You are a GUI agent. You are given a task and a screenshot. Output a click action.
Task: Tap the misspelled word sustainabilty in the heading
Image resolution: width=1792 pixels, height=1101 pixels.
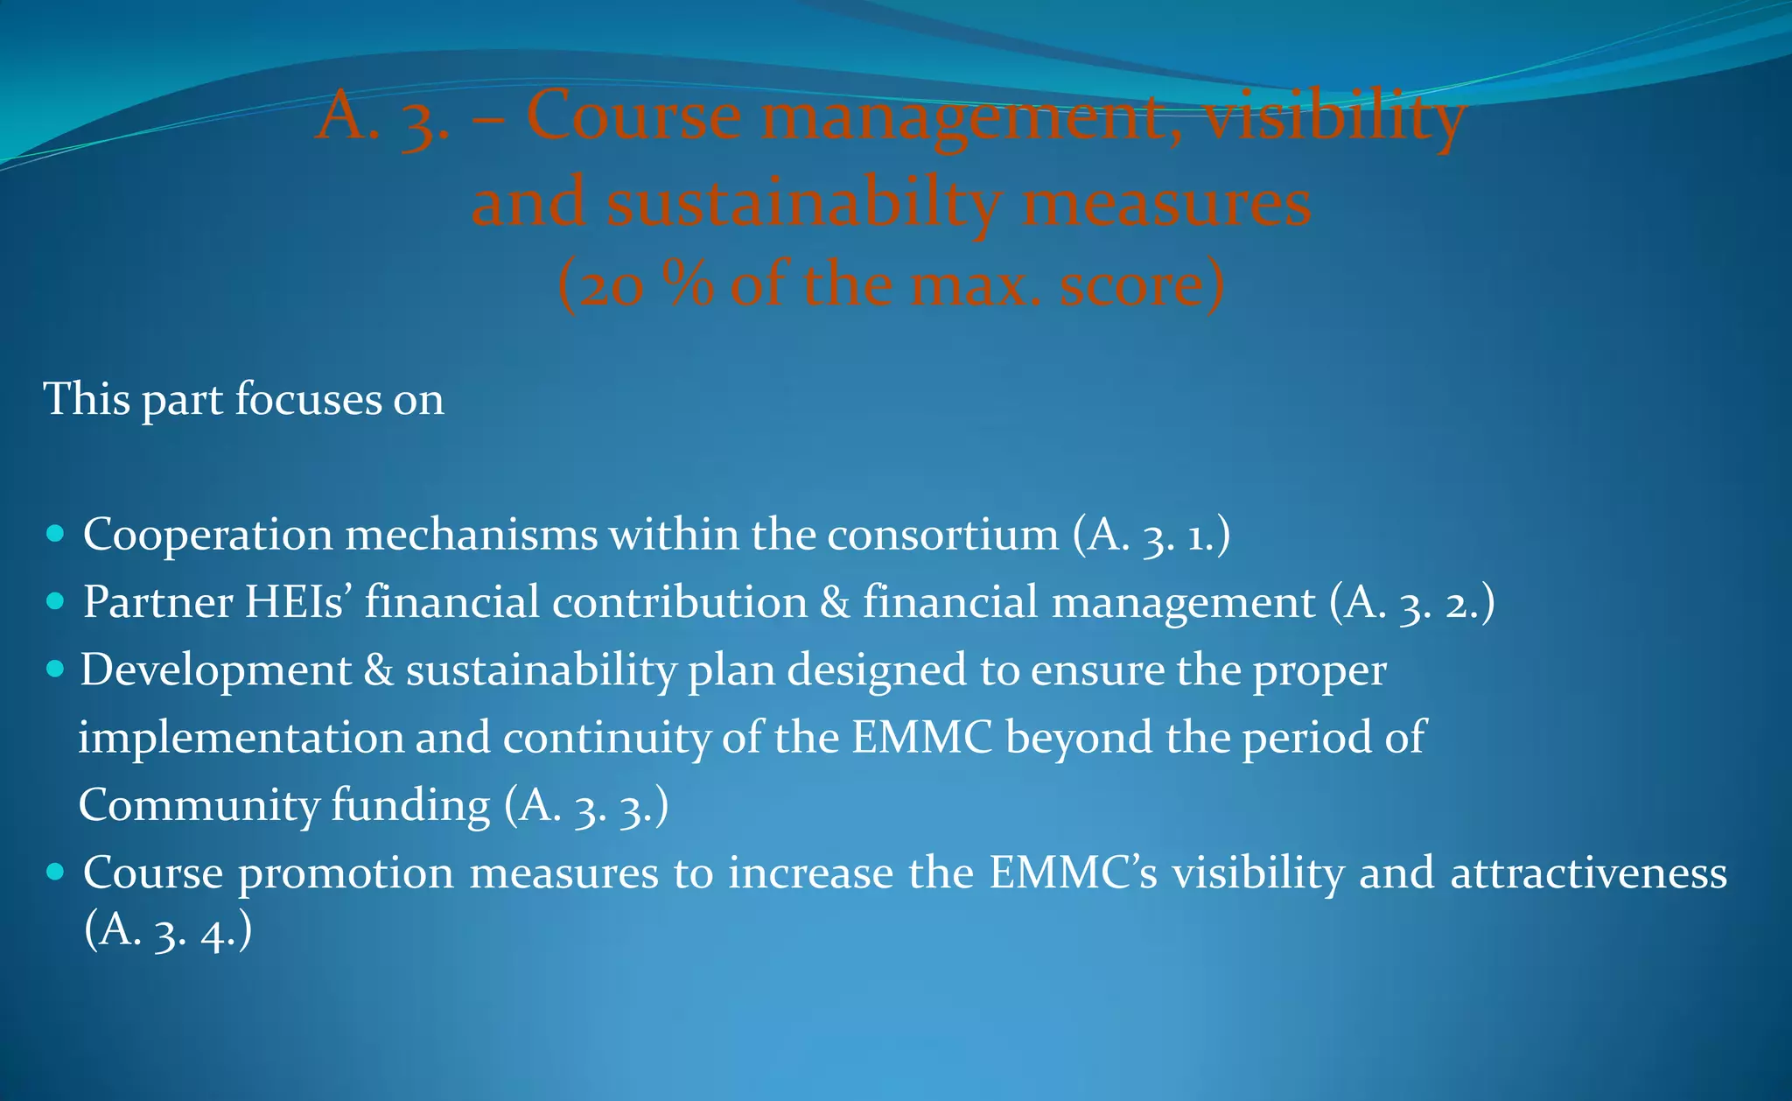803,203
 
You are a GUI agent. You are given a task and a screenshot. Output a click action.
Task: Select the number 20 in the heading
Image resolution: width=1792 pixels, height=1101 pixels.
612,286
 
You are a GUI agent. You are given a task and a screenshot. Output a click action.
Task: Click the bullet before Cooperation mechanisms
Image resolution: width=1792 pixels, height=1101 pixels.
55,533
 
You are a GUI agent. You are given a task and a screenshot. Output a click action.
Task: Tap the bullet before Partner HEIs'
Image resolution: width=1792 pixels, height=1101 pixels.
55,601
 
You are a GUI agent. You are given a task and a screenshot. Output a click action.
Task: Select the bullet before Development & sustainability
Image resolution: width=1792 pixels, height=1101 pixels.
55,670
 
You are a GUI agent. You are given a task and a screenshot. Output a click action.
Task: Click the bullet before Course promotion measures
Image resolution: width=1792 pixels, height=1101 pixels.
55,872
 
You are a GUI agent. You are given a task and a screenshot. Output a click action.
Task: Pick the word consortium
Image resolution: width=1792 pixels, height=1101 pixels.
942,534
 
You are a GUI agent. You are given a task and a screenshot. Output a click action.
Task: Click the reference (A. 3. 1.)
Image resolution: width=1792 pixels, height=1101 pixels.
1151,536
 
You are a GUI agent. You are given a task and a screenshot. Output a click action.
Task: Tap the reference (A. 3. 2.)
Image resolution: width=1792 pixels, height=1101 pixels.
1411,603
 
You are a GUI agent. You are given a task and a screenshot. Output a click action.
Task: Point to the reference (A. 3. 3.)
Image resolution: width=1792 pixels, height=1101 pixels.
586,806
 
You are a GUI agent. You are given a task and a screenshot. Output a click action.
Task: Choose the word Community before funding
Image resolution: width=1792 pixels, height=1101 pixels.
198,806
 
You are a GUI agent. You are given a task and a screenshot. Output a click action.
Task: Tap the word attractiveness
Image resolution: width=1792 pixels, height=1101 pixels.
1588,873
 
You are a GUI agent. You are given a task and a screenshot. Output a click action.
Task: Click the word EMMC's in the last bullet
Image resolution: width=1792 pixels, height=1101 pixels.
1073,873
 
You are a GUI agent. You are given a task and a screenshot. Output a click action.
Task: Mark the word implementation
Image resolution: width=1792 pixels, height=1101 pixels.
241,738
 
